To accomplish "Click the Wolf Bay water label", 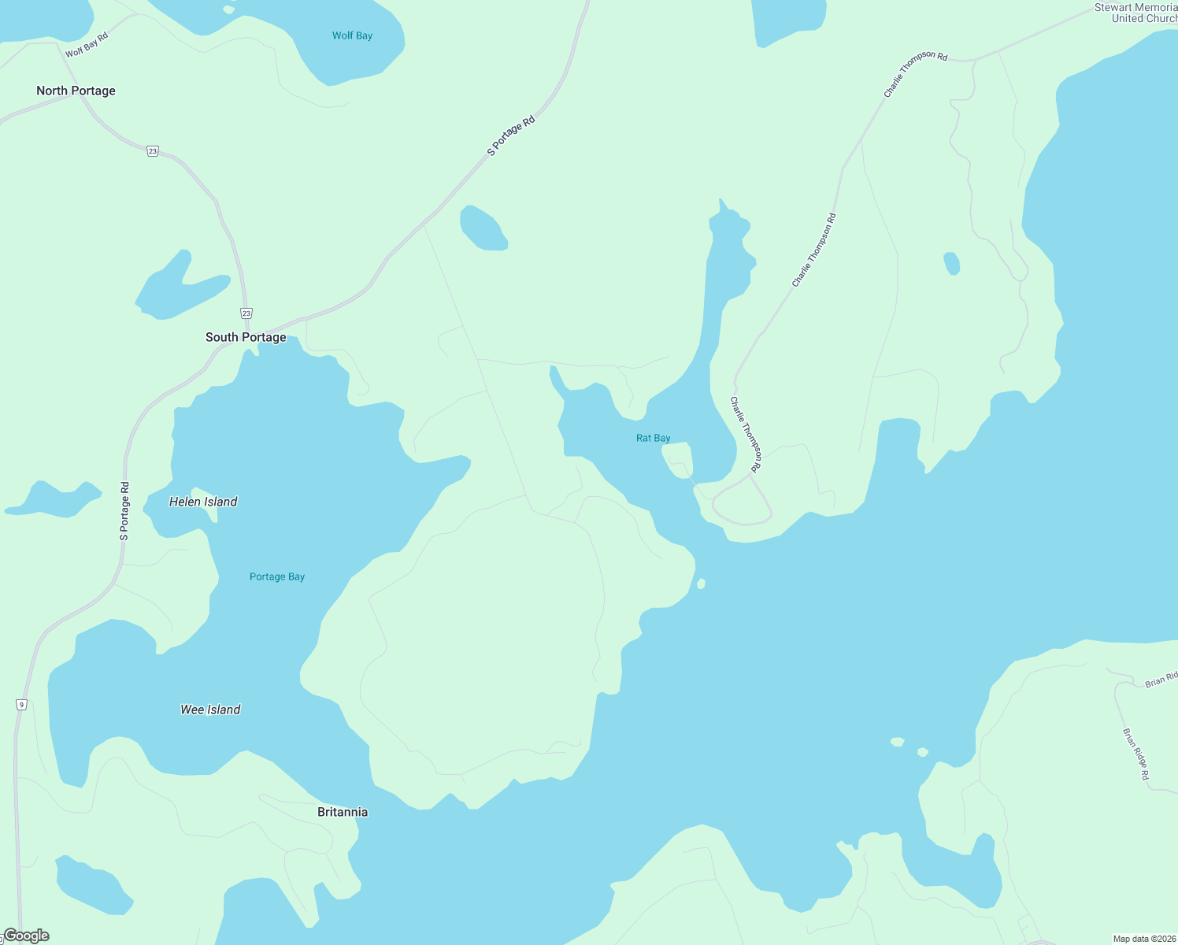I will coord(352,35).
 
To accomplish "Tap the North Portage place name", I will coord(76,91).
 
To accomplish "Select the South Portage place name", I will coord(246,337).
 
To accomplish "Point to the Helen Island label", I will coord(203,502).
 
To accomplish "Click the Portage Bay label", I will coord(277,576).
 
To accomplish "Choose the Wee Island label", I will coord(210,710).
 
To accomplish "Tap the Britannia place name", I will coord(343,812).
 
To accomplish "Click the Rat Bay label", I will coord(654,438).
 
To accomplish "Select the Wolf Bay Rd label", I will coord(87,45).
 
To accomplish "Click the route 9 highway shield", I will coord(21,704).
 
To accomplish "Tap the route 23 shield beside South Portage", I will coord(246,313).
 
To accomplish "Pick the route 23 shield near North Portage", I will coord(153,151).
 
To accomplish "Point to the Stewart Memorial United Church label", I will coord(1135,13).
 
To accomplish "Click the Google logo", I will coord(26,936).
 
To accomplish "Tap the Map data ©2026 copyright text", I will coord(1144,939).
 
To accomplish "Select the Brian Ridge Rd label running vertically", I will coord(1135,754).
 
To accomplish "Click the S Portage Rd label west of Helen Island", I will coord(124,510).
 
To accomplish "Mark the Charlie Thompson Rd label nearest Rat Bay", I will coord(745,435).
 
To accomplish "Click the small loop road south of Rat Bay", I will coord(742,504).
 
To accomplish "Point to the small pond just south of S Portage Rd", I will coord(483,228).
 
